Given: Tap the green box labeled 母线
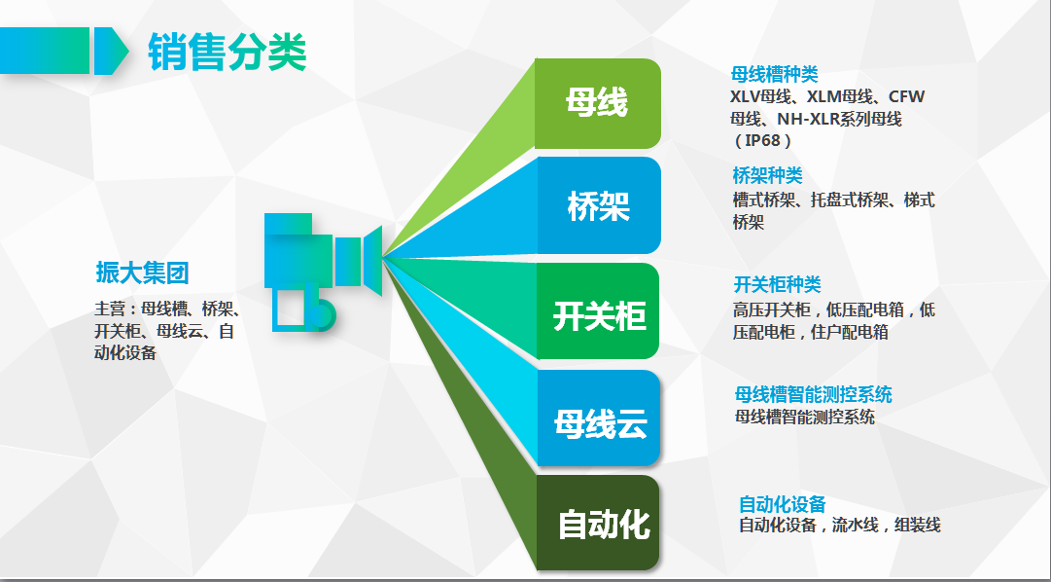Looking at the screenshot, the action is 598,103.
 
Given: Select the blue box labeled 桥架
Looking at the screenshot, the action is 598,205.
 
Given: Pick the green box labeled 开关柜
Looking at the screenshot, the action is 598,310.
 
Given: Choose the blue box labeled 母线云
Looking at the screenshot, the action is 598,418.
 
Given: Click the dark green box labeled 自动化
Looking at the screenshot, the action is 598,523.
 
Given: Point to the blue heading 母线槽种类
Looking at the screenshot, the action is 774,75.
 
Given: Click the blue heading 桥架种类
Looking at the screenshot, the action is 767,176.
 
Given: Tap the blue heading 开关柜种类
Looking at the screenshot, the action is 778,284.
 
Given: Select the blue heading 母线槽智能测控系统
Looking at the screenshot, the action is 813,394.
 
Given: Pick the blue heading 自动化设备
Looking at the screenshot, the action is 783,504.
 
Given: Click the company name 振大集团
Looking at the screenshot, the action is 142,273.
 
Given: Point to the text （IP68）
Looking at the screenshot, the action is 763,141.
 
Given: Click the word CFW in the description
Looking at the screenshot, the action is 907,96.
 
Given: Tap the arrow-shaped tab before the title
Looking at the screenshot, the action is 111,51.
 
